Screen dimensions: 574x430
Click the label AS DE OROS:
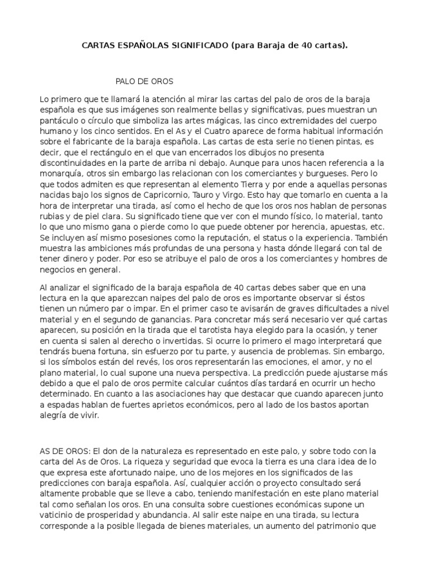(x=63, y=451)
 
